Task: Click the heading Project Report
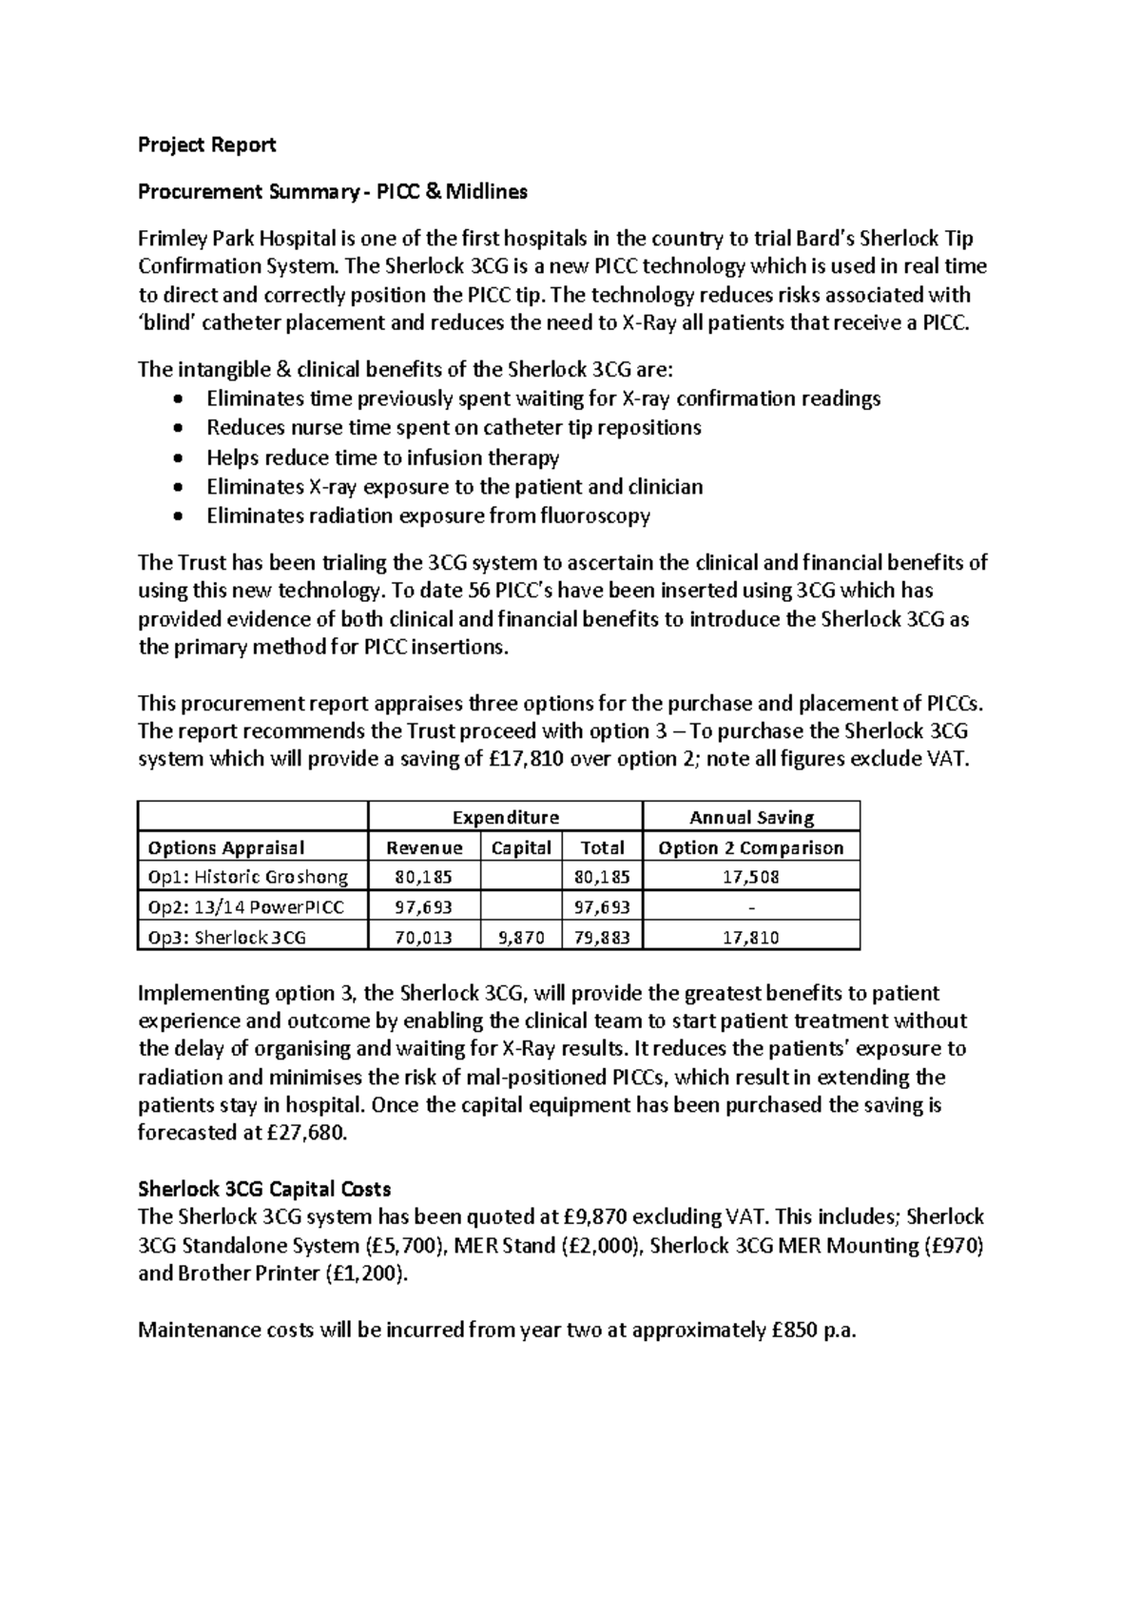206,145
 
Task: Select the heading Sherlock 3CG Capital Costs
263,1189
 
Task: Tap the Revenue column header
424,847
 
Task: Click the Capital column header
521,847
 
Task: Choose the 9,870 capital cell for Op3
521,938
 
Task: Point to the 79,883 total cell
602,938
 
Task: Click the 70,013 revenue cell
424,938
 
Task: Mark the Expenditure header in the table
505,818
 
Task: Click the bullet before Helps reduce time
182,458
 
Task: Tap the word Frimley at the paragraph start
172,239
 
